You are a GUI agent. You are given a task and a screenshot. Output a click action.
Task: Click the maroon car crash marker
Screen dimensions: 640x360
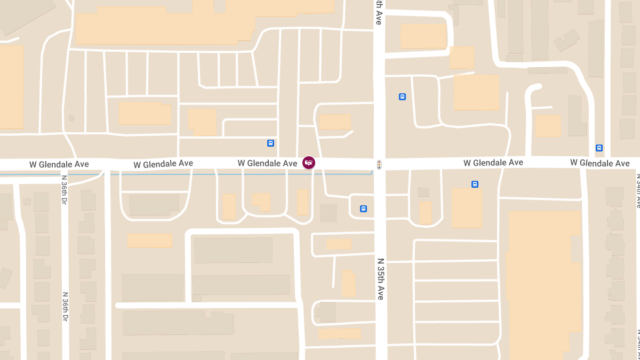308,162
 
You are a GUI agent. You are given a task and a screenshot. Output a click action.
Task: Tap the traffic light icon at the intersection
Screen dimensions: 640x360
379,165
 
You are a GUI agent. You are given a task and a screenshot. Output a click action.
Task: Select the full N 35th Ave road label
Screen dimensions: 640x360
380,279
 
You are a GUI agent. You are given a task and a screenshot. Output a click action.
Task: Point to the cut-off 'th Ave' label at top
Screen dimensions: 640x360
378,12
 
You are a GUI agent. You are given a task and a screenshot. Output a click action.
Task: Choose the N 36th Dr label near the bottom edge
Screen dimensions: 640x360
65,306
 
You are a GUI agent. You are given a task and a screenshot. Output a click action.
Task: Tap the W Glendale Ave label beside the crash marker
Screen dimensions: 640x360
267,163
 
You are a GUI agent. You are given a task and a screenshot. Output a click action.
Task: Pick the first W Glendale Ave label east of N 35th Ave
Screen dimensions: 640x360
493,163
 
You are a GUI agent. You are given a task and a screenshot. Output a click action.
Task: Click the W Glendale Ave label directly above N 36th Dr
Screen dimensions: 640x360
59,164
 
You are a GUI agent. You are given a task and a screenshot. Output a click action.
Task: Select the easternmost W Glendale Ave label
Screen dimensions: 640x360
599,163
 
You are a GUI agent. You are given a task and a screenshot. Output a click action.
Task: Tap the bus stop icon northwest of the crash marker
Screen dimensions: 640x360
270,143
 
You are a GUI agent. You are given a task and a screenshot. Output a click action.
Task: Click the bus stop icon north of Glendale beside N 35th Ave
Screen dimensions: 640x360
402,97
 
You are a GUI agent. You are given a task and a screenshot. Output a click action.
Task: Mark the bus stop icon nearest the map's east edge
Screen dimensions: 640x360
599,148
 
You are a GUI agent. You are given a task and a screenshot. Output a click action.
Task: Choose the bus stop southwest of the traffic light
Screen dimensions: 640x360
363,209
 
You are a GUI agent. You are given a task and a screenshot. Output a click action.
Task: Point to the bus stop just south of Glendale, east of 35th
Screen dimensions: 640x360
475,184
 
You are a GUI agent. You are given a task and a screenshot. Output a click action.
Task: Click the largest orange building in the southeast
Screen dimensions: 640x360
544,283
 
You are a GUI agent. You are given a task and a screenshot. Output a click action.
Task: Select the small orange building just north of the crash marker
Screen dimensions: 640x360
335,122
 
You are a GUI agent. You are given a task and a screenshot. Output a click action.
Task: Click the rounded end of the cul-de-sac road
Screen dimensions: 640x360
535,87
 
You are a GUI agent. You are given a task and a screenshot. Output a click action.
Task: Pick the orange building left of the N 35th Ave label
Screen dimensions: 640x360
348,283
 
